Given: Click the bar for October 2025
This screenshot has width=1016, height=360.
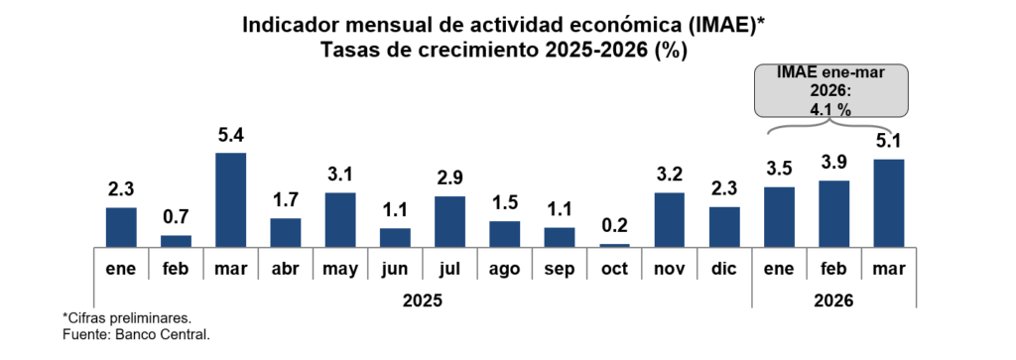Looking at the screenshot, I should pos(614,245).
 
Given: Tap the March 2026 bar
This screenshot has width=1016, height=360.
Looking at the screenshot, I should pos(888,203).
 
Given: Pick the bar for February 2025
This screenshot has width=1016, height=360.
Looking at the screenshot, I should pos(176,241).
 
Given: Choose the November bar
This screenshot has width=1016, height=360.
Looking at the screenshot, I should pos(669,220).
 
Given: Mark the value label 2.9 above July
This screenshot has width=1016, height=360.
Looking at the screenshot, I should pos(449,180).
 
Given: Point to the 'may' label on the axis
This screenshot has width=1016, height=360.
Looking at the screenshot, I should pos(339,269).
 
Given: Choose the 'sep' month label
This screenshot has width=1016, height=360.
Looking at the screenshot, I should pos(559,269).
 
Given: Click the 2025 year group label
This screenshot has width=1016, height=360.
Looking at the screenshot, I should pos(423,300).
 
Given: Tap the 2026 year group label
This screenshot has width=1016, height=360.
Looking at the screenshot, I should pos(833,300).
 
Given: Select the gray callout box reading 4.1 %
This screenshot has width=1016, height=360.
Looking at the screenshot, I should pos(832,91).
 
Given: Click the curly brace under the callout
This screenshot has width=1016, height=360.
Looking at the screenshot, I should pos(832,131).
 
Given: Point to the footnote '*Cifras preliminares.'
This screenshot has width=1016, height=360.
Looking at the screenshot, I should pos(126,317).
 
